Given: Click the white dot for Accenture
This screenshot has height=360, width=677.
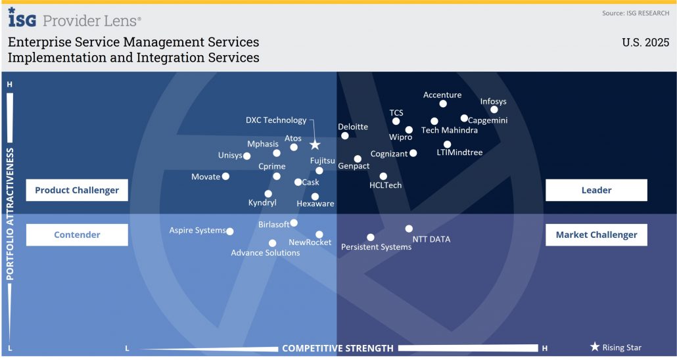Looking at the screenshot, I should click(443, 104).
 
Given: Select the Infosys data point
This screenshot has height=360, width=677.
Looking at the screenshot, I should click(494, 110).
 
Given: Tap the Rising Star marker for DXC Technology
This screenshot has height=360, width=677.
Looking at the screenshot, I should click(315, 145).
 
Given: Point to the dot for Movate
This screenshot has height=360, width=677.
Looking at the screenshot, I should click(225, 176).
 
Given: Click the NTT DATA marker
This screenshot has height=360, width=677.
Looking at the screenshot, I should click(409, 229).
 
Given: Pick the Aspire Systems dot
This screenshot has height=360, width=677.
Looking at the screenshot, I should click(230, 231).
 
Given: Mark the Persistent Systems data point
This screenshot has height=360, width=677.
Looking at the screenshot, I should click(371, 237).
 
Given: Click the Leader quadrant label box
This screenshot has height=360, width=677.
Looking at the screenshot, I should click(596, 190).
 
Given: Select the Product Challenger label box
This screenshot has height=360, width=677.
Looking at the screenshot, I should click(77, 190).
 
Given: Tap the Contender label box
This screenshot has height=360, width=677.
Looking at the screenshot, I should click(77, 235).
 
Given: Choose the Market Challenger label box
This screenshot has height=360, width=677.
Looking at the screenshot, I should click(596, 235).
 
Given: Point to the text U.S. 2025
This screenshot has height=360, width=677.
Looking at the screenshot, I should click(645, 43).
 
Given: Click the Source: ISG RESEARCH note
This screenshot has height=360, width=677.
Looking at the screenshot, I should click(636, 13).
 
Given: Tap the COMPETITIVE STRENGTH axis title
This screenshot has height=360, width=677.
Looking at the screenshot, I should click(338, 348).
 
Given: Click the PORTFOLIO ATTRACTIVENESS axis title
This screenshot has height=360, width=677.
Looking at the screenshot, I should click(11, 214).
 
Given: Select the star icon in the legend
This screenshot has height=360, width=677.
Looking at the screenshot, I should click(595, 347).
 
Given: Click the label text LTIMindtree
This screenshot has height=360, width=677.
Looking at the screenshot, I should click(459, 152).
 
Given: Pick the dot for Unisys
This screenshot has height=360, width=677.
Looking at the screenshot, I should click(246, 156).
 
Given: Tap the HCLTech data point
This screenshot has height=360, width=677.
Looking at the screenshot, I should click(383, 176).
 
